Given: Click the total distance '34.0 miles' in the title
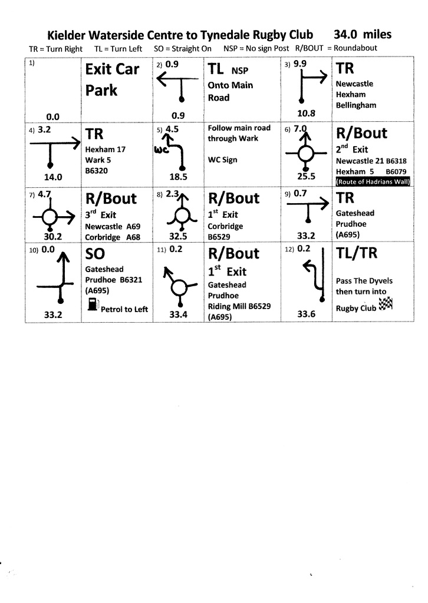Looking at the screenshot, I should point(362,35).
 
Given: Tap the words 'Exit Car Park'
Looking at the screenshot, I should point(112,79).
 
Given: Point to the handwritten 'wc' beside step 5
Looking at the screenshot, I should point(162,150).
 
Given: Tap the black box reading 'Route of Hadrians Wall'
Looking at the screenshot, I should point(373,182).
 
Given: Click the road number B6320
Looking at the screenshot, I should point(98,171).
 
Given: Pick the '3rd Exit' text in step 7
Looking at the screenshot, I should point(101,215).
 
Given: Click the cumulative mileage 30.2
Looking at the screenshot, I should point(52,237).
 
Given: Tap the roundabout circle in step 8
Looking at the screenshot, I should point(182,215).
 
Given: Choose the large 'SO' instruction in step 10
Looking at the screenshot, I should point(95,254).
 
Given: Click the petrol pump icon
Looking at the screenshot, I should point(91,304).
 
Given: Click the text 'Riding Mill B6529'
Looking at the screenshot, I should point(239,306).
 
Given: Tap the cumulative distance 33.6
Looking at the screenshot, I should point(307,314).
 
